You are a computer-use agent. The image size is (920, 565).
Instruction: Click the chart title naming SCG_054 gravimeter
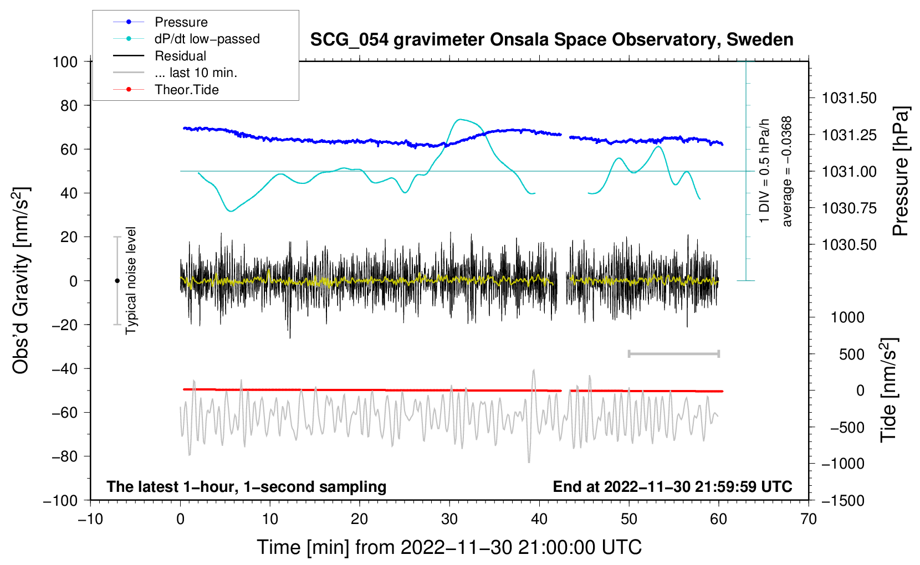pos(551,40)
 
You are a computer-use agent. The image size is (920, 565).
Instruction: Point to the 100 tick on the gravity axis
pos(65,62)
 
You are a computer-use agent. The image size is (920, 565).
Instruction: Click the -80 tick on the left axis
pos(64,456)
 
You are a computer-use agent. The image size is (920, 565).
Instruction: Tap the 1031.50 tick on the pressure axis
pos(849,98)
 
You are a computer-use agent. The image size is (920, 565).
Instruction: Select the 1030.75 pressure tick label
pos(849,208)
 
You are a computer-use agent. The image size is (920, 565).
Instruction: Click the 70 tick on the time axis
pos(808,519)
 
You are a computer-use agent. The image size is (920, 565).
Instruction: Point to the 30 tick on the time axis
pos(449,519)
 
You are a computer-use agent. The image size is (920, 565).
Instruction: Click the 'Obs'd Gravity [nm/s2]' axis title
pos(21,280)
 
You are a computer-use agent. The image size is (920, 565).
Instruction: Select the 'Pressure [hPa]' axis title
pos(900,171)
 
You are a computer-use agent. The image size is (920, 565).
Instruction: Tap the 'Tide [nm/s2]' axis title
pos(889,390)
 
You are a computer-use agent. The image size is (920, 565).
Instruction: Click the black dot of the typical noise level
pos(117,281)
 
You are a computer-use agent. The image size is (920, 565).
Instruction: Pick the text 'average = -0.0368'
pos(786,171)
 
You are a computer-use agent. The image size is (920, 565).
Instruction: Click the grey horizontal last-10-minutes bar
pos(673,353)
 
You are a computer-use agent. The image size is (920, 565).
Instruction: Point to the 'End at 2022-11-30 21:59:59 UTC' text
pos(672,486)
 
